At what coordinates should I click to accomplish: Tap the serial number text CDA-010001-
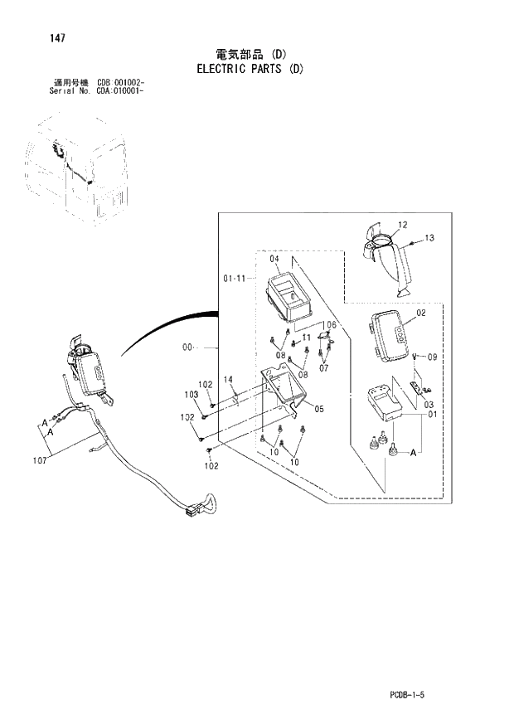click(121, 92)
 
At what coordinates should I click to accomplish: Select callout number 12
click(402, 225)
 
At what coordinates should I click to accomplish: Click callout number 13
click(429, 238)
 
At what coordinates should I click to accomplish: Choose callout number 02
click(420, 313)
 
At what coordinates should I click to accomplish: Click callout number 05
click(319, 408)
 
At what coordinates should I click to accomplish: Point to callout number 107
click(40, 462)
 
